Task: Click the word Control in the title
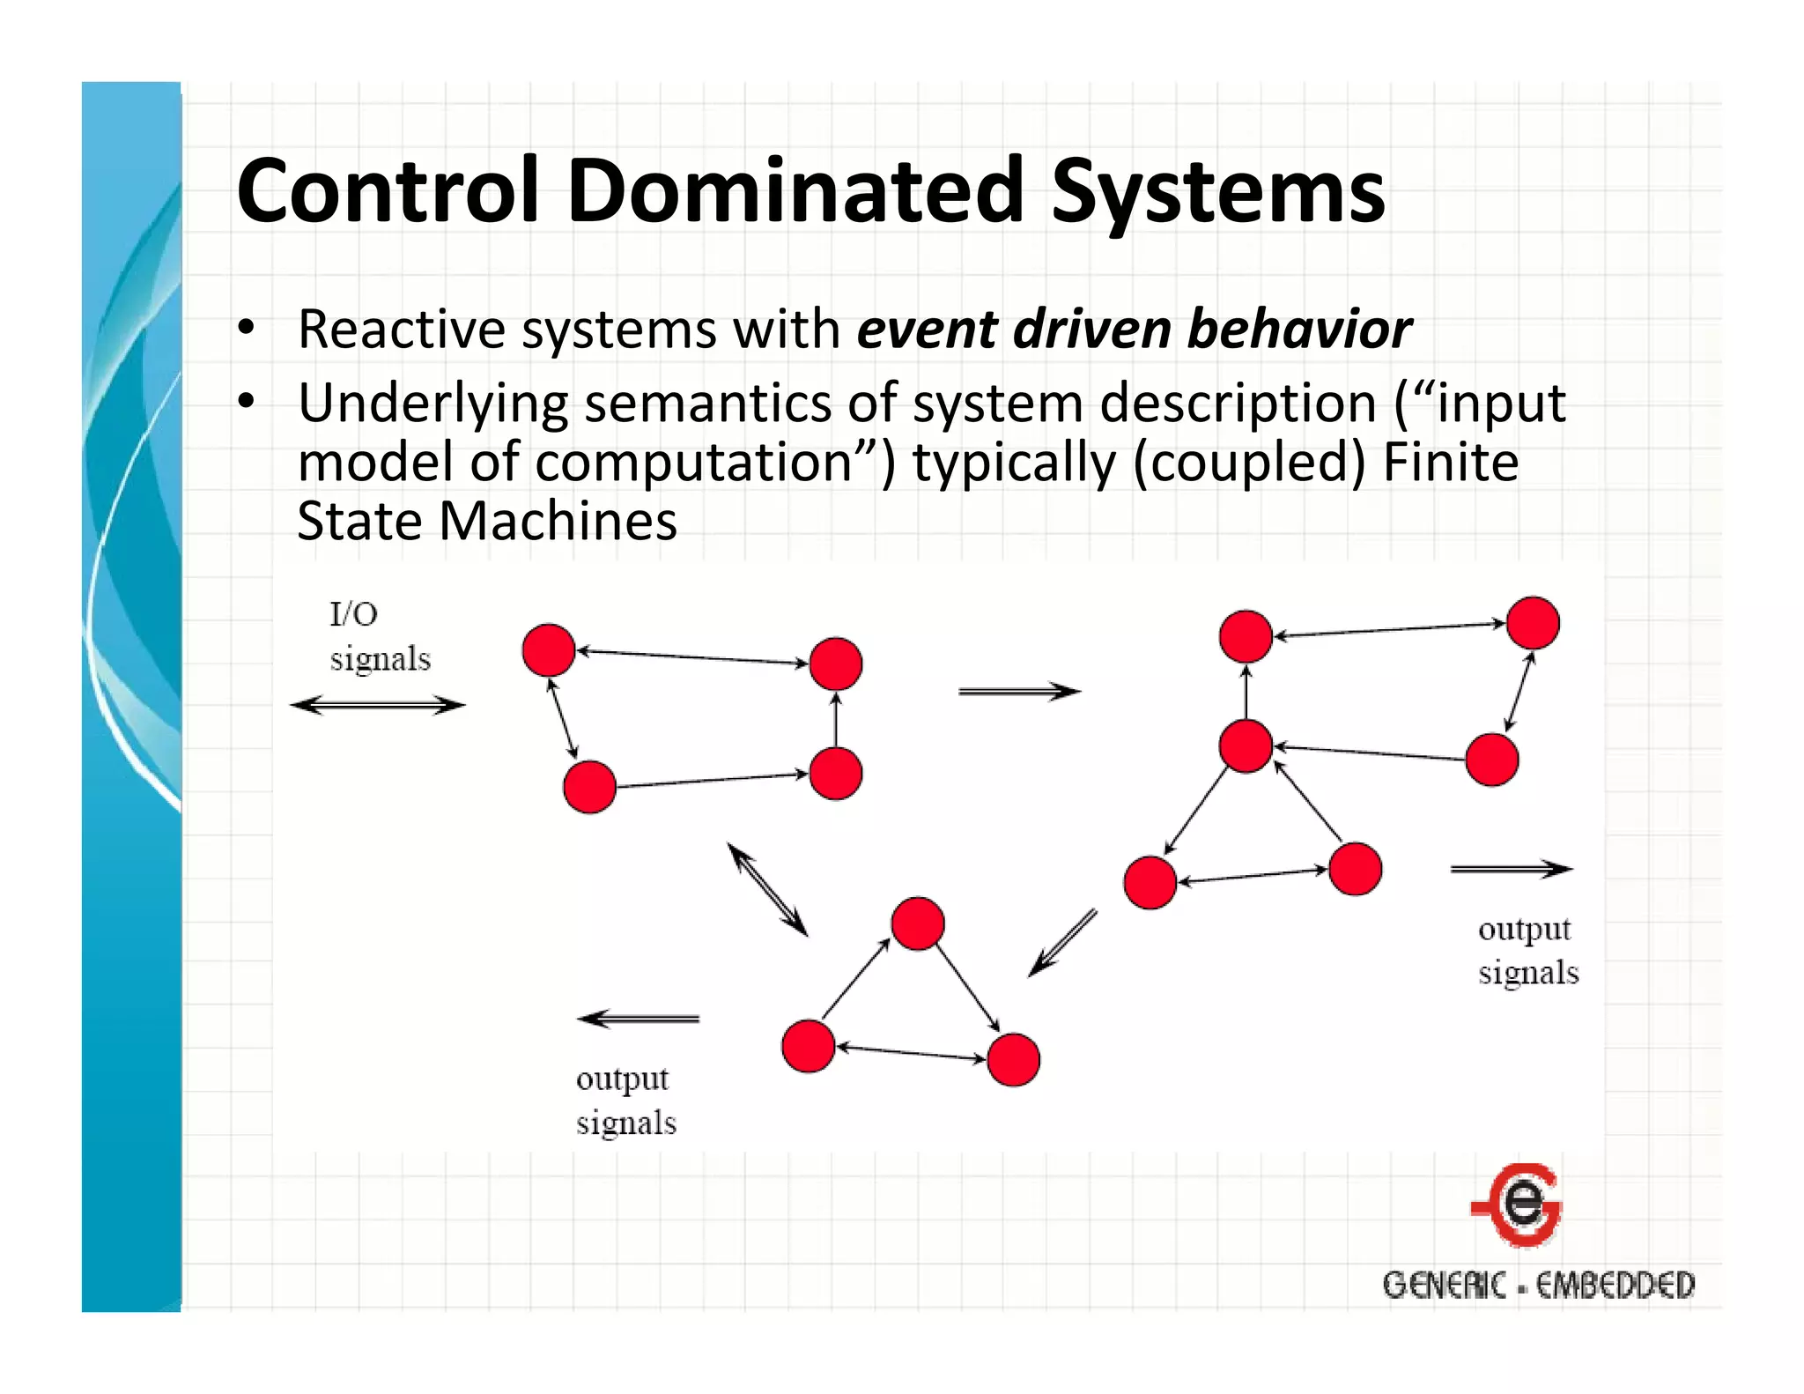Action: coord(388,190)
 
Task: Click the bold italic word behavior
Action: coord(1299,330)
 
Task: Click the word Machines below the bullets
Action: coord(558,521)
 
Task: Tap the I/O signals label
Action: coord(379,636)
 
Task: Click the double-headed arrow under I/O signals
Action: coord(377,705)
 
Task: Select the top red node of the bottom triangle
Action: coord(918,923)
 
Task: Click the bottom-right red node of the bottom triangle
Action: coord(1014,1059)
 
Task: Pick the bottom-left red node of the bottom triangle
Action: coord(809,1046)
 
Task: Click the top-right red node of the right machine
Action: coord(1533,623)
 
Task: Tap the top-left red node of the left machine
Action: coord(549,650)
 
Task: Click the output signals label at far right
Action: coord(1527,951)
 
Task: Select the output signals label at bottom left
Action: coord(625,1101)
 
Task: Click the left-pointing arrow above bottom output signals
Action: coord(639,1020)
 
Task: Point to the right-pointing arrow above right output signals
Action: coord(1511,870)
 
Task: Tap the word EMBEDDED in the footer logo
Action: coord(1615,1286)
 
